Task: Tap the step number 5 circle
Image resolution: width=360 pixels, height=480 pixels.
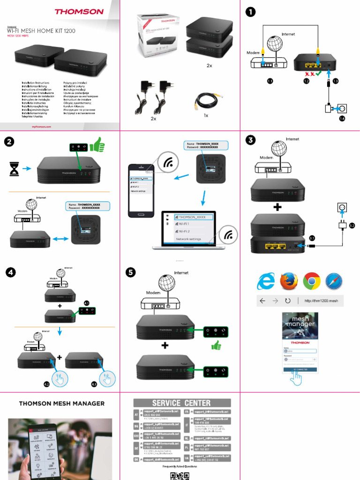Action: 131,273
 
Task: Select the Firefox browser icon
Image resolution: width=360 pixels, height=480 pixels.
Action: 289,281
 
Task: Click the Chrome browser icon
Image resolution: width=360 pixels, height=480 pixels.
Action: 312,281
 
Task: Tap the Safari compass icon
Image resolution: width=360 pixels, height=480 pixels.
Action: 334,281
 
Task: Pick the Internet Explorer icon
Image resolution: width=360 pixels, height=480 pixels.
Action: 266,281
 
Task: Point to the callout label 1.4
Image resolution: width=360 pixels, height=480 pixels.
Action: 342,119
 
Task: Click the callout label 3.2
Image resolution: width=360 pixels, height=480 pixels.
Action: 352,225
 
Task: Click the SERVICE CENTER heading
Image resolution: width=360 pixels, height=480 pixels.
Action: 181,403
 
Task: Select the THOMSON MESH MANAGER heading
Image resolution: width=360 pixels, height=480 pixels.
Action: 61,404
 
